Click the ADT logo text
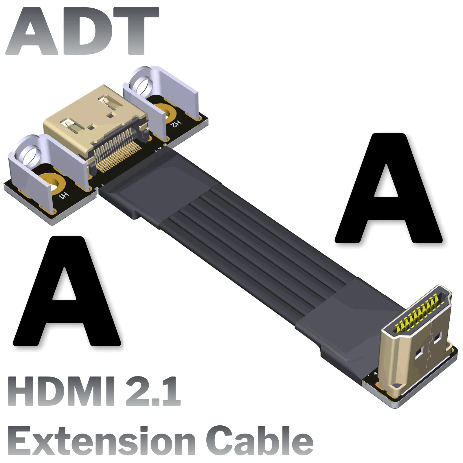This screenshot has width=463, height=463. (82, 31)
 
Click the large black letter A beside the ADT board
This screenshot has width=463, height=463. (67, 292)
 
